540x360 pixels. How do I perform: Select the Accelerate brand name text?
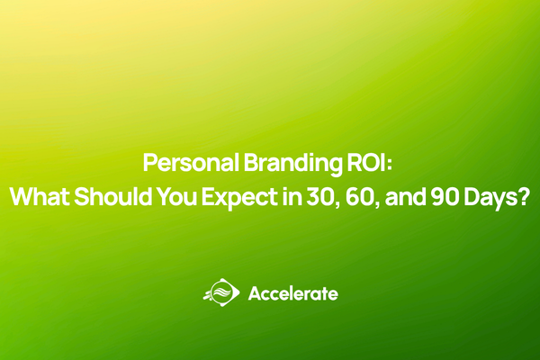coord(292,293)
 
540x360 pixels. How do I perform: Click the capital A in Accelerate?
coord(254,293)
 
